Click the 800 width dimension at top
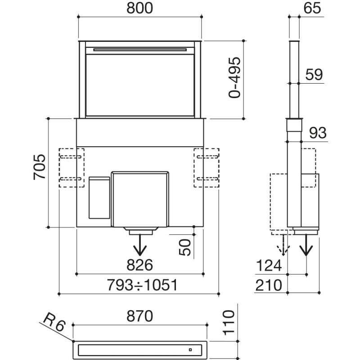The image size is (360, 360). [x=140, y=8]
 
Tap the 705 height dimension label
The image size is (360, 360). [x=39, y=167]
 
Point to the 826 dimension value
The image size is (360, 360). [x=140, y=264]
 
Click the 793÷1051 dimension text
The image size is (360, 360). [x=140, y=285]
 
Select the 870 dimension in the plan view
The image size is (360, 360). [x=140, y=315]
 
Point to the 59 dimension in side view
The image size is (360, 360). [x=314, y=75]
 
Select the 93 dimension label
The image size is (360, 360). [x=318, y=133]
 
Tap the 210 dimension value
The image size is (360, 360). [x=269, y=285]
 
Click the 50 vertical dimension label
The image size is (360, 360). [x=185, y=247]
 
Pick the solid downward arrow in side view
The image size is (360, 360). [x=306, y=246]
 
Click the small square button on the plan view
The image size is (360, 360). [x=190, y=349]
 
